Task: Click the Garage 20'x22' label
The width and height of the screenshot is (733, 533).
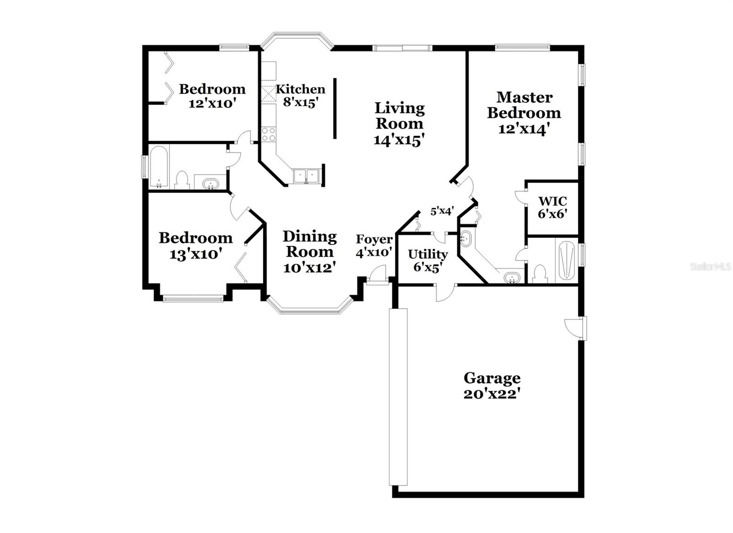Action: tap(492, 385)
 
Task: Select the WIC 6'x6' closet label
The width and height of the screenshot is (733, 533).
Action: tap(552, 207)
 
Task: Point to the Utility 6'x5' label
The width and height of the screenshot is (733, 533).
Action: tap(427, 260)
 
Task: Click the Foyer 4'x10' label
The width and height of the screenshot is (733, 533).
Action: tap(374, 246)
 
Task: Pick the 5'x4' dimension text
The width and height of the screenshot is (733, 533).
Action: tap(442, 211)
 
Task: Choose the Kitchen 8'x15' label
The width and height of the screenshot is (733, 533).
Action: tap(301, 95)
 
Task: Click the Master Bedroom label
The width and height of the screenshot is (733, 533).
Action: tap(524, 113)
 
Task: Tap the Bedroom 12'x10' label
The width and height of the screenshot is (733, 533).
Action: tap(212, 95)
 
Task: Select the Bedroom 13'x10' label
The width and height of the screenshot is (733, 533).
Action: tap(196, 245)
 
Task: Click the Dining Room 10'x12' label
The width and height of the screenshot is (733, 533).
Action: tap(309, 252)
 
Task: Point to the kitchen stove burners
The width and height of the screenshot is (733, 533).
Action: tap(268, 134)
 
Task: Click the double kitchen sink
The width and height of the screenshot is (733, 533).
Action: tap(306, 176)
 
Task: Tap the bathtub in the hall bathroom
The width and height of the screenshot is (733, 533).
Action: tap(159, 166)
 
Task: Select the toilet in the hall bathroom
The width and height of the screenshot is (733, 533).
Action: tap(182, 180)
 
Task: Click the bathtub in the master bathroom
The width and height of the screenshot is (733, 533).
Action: tap(567, 260)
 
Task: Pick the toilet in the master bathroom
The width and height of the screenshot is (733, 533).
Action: tap(540, 274)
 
